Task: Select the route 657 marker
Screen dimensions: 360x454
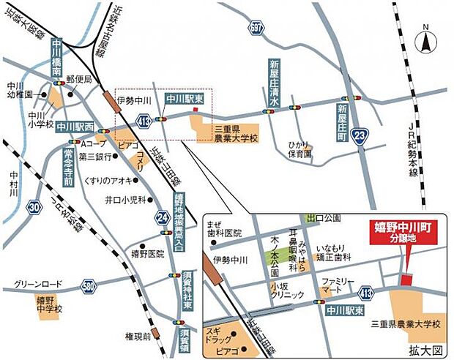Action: (x=255, y=28)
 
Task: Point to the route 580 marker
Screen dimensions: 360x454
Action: (x=89, y=284)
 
